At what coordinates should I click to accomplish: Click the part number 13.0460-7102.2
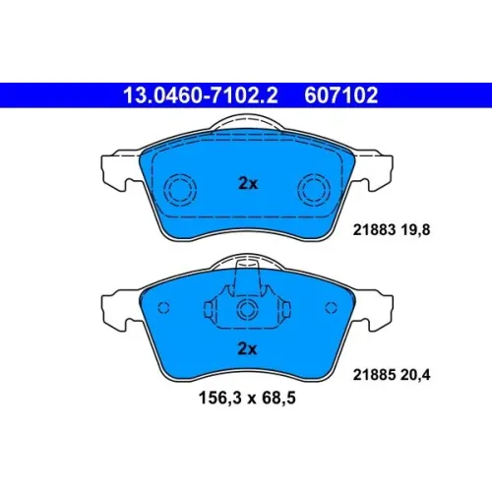(201, 95)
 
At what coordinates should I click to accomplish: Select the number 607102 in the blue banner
(341, 95)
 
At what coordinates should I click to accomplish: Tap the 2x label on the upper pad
(248, 184)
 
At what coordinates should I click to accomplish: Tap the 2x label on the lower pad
(247, 349)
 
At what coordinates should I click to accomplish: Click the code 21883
(374, 230)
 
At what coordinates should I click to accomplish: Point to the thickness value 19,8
(415, 230)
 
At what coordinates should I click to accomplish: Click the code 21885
(374, 375)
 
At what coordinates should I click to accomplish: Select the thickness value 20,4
(415, 375)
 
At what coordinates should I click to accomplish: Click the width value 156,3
(218, 399)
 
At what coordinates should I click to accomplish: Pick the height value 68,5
(278, 399)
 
